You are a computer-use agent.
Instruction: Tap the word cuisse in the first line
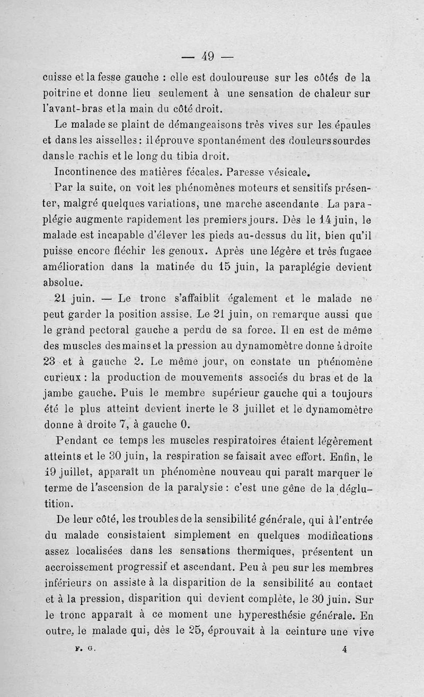(57, 78)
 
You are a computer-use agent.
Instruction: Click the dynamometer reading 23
(50, 363)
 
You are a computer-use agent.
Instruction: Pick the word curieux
(63, 378)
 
